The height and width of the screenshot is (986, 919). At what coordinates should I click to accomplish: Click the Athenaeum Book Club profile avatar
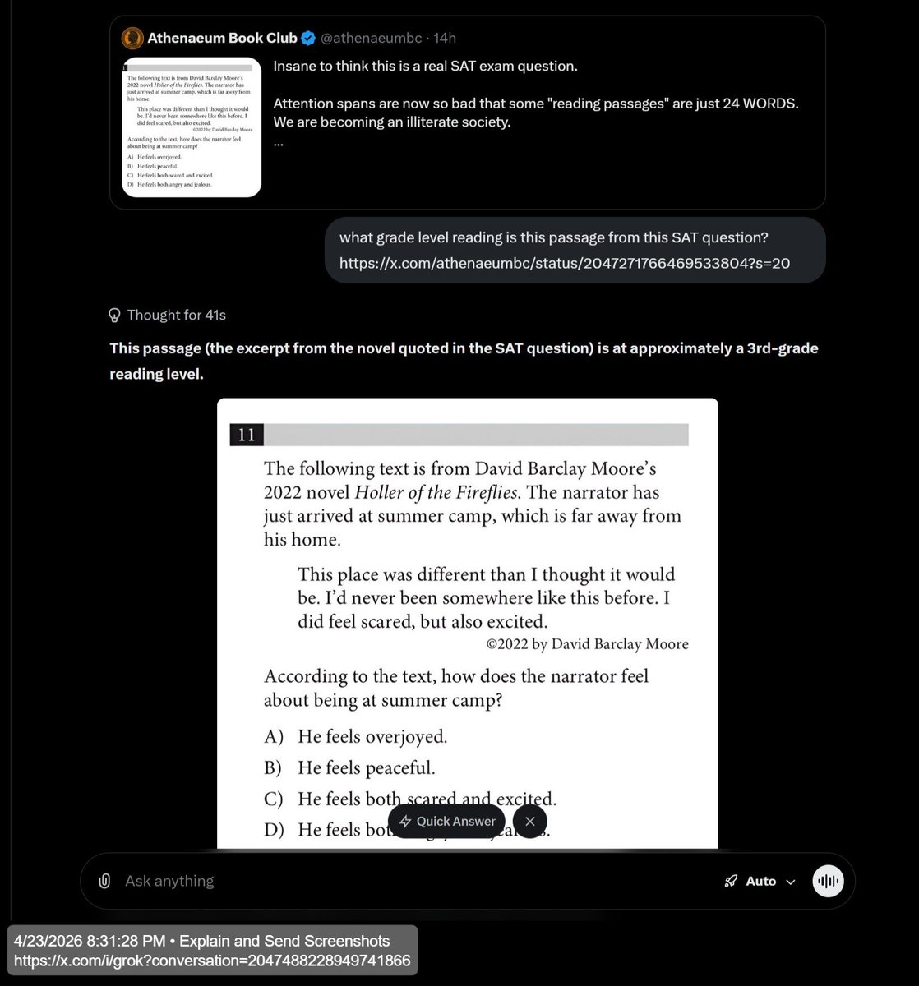pyautogui.click(x=132, y=38)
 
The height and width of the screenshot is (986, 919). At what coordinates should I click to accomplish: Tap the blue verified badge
pyautogui.click(x=307, y=38)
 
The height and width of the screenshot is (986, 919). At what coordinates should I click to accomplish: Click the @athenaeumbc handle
pyautogui.click(x=372, y=38)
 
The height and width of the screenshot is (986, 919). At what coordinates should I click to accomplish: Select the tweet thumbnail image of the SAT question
pyautogui.click(x=192, y=127)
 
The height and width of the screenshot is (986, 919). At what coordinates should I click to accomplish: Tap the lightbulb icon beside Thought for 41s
pyautogui.click(x=115, y=315)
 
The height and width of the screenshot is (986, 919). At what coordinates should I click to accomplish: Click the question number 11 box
pyautogui.click(x=247, y=435)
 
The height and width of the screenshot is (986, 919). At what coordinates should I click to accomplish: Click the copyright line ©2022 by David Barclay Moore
pyautogui.click(x=587, y=644)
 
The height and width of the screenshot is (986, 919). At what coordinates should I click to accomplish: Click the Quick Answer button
pyautogui.click(x=447, y=821)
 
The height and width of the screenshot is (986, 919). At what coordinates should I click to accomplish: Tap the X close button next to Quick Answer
pyautogui.click(x=529, y=821)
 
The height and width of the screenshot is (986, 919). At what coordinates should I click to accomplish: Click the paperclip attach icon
pyautogui.click(x=104, y=881)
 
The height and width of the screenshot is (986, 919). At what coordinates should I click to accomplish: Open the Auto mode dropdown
pyautogui.click(x=760, y=881)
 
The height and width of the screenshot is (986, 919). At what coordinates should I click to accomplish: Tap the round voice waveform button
pyautogui.click(x=828, y=881)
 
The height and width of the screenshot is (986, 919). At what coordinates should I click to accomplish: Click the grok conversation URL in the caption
pyautogui.click(x=212, y=961)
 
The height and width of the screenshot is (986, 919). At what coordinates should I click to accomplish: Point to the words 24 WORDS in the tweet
pyautogui.click(x=754, y=104)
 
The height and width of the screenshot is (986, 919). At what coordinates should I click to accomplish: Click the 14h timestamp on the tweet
pyautogui.click(x=445, y=38)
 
